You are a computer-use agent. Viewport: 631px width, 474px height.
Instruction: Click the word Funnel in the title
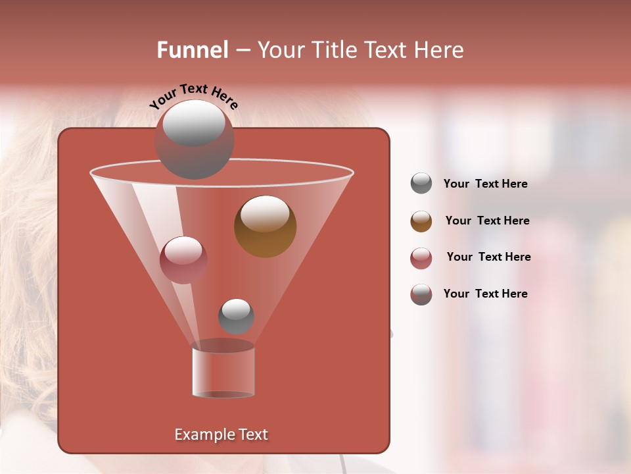click(192, 50)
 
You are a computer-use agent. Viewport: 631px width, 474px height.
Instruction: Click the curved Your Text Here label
click(193, 96)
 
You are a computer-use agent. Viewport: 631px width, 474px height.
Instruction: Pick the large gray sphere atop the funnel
click(194, 140)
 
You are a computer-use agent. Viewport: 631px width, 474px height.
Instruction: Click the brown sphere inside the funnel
click(265, 226)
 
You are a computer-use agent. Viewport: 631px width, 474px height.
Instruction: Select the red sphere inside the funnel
click(183, 260)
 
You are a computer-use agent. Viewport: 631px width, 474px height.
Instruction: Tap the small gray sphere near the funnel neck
click(236, 317)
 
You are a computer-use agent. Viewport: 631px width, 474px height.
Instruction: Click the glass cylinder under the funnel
click(223, 372)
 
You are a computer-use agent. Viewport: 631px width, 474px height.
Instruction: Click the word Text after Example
click(252, 434)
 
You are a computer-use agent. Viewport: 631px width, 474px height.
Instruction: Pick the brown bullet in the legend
click(421, 221)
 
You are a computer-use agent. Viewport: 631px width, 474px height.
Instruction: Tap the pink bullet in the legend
click(421, 258)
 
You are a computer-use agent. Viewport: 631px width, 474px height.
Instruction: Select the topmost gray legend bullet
click(421, 184)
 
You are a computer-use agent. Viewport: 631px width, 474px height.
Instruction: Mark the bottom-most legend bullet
click(421, 294)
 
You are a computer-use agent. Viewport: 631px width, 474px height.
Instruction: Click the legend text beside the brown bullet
click(487, 221)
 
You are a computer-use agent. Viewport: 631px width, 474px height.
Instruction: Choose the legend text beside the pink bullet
click(488, 257)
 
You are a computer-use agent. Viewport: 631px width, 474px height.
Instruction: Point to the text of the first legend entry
click(485, 184)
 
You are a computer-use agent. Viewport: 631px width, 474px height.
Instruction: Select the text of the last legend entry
click(485, 294)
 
